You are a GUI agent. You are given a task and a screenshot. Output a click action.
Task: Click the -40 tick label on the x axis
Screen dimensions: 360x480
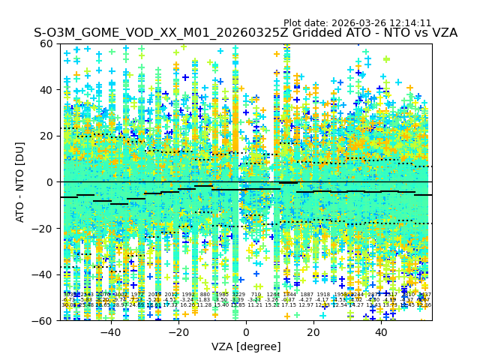[x=110, y=332]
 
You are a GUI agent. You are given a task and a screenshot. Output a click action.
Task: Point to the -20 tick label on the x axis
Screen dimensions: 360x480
[x=178, y=332]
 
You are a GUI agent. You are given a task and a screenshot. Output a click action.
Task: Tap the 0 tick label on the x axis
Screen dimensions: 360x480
[x=246, y=332]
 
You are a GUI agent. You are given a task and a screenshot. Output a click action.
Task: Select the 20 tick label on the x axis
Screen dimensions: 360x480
[x=313, y=332]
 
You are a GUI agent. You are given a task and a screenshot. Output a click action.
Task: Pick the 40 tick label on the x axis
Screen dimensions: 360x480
[x=381, y=332]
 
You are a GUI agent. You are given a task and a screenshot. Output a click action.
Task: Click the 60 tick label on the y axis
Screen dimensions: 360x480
[x=46, y=43]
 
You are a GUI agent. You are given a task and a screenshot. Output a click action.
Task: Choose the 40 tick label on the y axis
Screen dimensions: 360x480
[x=46, y=90]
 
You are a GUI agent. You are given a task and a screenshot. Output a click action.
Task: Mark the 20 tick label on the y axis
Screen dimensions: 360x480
[x=46, y=136]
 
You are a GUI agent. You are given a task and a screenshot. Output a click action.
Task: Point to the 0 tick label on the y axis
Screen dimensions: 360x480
[x=49, y=182]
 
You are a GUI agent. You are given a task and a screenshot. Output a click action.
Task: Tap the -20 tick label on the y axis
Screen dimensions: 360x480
[x=43, y=228]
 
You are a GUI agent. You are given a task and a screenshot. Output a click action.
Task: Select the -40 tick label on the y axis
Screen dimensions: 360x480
[x=43, y=274]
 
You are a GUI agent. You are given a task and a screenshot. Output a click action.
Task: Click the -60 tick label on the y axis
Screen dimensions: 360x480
[x=43, y=320]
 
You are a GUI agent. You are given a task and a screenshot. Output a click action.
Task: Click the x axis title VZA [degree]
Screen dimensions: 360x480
[x=246, y=346]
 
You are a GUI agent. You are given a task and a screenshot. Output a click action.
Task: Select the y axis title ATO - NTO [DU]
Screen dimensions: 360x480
[x=21, y=182]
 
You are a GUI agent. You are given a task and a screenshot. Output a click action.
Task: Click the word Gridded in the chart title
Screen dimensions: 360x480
[x=298, y=33]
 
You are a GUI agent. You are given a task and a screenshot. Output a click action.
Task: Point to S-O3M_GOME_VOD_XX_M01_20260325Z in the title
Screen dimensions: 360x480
[x=150, y=33]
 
